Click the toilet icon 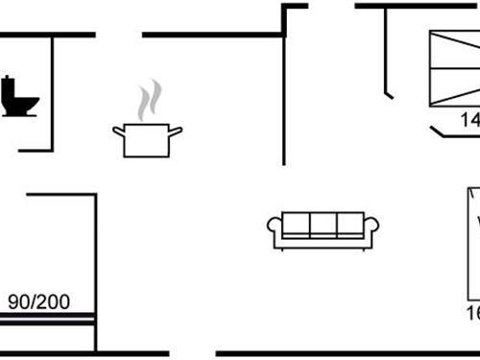[18, 96]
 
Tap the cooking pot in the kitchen [147, 140]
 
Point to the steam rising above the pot [148, 101]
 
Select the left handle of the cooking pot [118, 131]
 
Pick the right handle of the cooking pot [177, 131]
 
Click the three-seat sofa [324, 230]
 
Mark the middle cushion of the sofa [324, 225]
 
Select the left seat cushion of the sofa [297, 225]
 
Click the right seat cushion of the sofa [350, 225]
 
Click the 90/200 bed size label [39, 301]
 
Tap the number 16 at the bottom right [472, 313]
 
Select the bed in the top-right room [454, 67]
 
